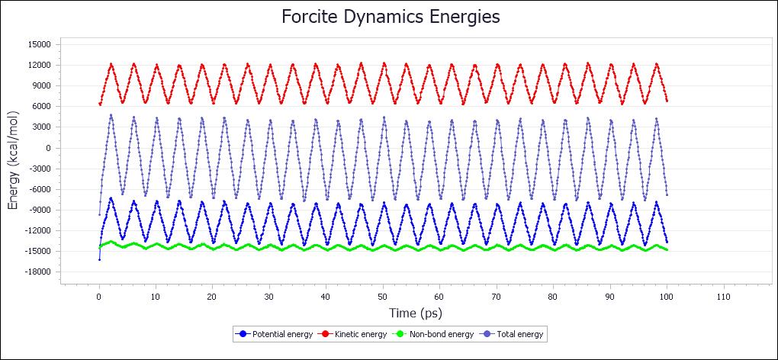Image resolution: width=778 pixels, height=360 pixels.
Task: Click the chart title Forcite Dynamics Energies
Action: click(x=391, y=17)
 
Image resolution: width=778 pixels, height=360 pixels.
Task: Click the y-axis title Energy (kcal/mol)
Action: click(x=14, y=158)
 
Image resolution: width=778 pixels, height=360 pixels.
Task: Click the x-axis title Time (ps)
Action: click(x=416, y=313)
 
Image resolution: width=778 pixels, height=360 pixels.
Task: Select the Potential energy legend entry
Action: click(x=278, y=334)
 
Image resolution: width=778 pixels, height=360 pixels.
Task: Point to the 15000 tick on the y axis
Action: click(x=37, y=45)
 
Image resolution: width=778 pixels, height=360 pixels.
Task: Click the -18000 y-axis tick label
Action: click(x=36, y=272)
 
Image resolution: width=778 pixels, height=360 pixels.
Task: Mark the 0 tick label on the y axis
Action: click(x=47, y=148)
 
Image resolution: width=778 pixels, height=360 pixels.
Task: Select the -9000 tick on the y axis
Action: click(x=37, y=210)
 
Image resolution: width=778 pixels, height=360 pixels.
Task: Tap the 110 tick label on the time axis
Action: click(x=723, y=297)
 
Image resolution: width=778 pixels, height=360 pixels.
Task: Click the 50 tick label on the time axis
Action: click(x=383, y=297)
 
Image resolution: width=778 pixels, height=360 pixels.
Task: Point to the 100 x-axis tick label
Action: click(x=667, y=297)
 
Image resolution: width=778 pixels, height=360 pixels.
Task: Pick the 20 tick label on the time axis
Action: click(x=212, y=297)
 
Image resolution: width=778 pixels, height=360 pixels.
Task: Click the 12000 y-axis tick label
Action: click(x=37, y=66)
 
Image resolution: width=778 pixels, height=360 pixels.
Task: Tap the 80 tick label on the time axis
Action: click(x=553, y=297)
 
